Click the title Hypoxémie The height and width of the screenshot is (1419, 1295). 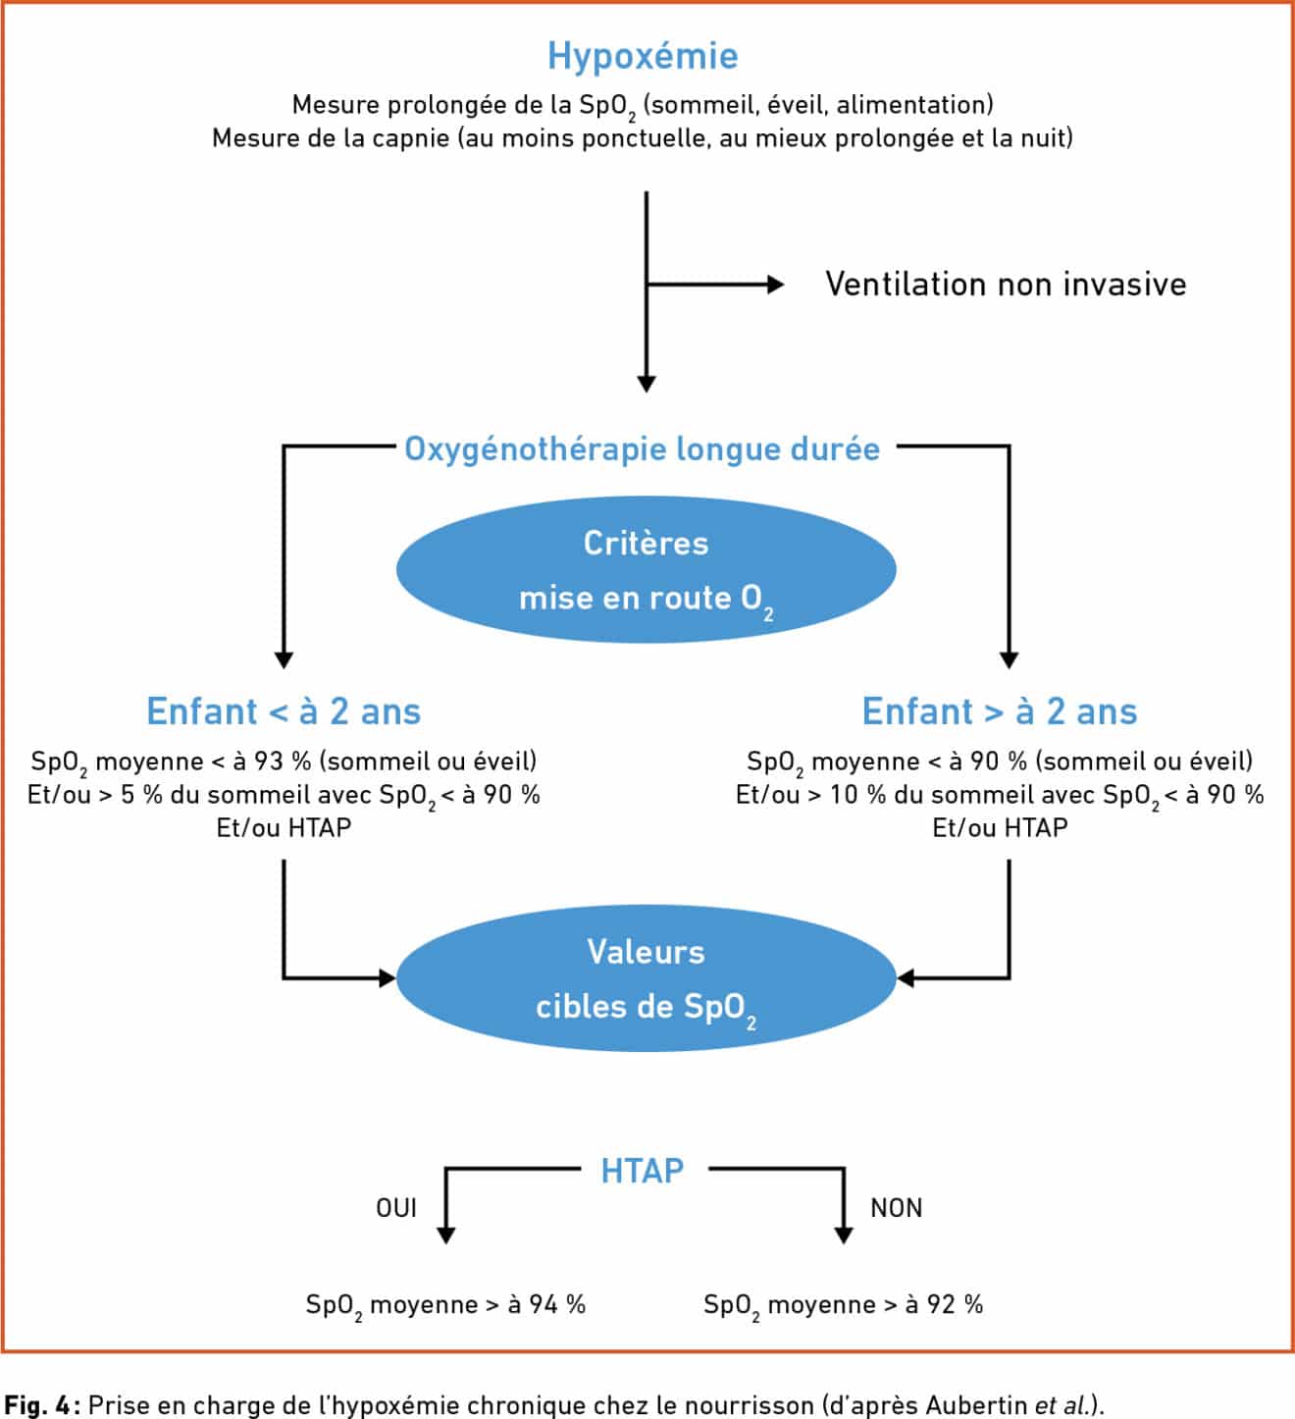[x=643, y=57]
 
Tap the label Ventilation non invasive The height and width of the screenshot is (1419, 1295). [x=1006, y=285]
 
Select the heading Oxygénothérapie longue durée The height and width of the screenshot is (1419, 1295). [x=643, y=449]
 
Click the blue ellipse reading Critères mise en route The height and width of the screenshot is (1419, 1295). [x=646, y=569]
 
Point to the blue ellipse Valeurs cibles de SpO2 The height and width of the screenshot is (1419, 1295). [x=646, y=978]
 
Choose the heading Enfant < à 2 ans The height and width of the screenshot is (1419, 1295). [x=284, y=711]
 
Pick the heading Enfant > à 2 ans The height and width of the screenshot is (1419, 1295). [x=1000, y=711]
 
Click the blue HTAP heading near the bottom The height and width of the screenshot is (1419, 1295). [x=643, y=1172]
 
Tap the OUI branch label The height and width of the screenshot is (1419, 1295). [x=396, y=1208]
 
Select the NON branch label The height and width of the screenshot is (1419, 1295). [x=896, y=1208]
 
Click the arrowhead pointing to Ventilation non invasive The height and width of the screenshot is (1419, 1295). [x=777, y=285]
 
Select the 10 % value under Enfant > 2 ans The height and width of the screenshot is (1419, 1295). [x=857, y=795]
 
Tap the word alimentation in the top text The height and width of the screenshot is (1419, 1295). [x=911, y=105]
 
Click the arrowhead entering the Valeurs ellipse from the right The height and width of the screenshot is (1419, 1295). [x=906, y=978]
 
